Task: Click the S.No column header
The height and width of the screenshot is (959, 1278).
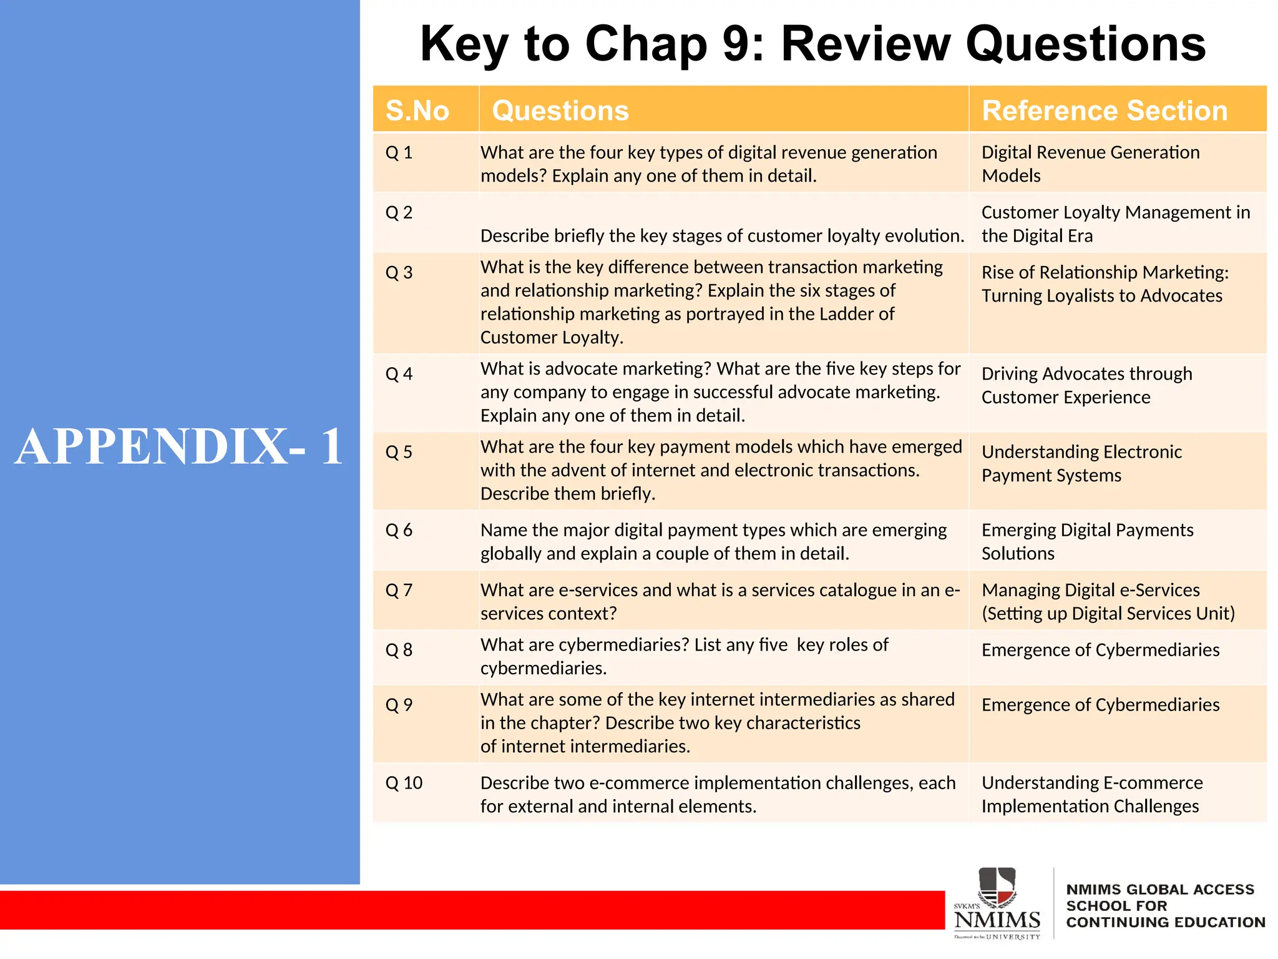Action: point(417,111)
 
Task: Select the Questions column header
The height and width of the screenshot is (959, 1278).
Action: point(560,111)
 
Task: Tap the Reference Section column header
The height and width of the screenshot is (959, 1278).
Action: point(1105,111)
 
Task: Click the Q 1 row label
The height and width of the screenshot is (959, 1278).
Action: point(399,152)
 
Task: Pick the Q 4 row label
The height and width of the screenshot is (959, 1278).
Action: point(399,374)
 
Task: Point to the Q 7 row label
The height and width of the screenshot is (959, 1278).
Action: point(399,590)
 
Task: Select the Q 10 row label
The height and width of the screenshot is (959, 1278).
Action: point(404,783)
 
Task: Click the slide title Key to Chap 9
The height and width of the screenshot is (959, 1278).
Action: point(812,44)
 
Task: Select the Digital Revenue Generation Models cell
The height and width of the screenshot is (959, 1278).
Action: point(1090,164)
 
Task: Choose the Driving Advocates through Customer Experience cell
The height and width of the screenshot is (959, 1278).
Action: point(1086,385)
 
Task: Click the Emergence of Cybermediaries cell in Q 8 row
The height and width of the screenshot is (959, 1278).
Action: point(1100,650)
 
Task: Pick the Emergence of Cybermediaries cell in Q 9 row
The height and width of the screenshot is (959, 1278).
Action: point(1100,705)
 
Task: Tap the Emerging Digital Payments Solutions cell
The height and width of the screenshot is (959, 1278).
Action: point(1087,541)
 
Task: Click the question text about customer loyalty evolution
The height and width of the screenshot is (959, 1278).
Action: point(722,235)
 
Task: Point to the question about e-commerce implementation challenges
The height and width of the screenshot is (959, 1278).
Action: point(718,794)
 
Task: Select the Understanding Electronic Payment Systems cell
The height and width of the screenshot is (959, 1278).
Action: point(1081,463)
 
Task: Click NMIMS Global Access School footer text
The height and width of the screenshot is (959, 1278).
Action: point(1165,905)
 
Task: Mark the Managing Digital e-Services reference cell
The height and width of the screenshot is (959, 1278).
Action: point(1108,601)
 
